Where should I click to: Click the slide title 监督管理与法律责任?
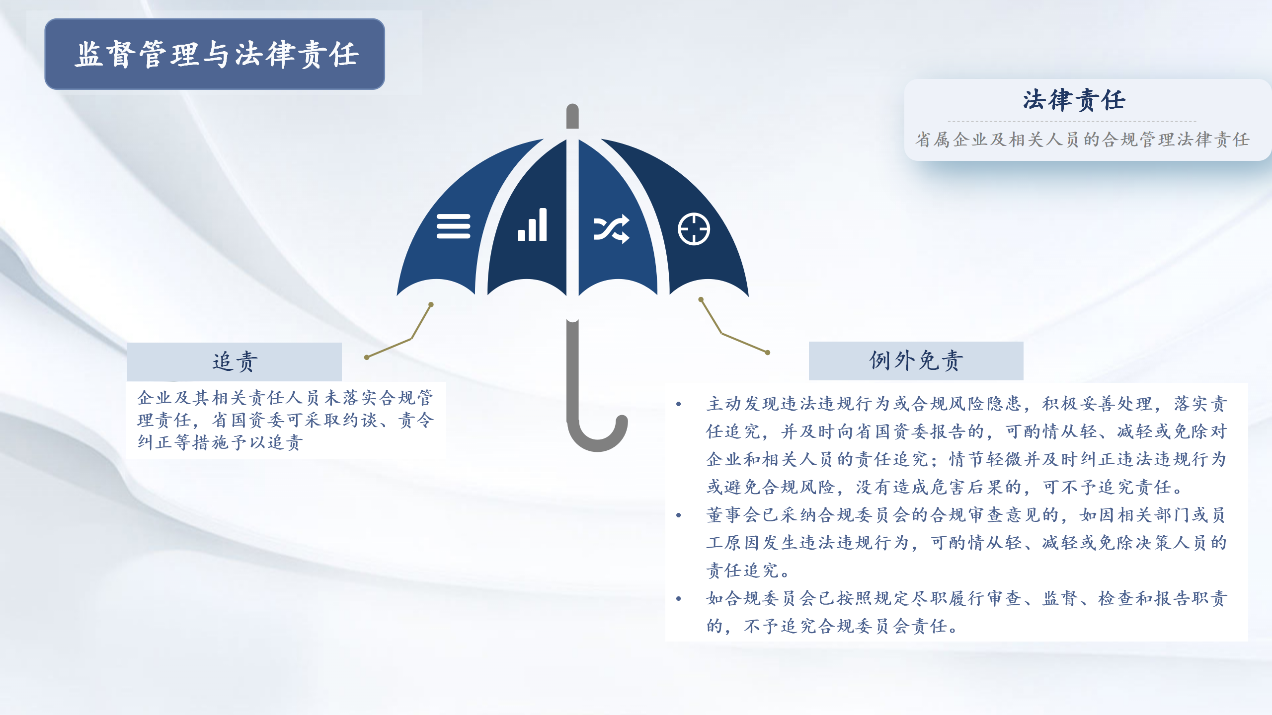pos(217,54)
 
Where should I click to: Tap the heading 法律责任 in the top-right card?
pos(1074,100)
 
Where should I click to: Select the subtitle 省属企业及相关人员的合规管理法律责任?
pos(1083,140)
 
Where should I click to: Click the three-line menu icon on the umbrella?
pos(453,226)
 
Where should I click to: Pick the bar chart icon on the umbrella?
pos(532,225)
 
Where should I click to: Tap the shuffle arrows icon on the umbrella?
pos(612,229)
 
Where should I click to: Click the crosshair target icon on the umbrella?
pos(694,229)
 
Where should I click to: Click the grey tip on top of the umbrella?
pos(572,116)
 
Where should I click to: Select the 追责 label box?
pos(235,361)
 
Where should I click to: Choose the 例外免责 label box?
pos(916,360)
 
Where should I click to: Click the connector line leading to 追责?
pos(411,339)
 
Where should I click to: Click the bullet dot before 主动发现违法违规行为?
pos(679,404)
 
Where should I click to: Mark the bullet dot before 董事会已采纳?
pos(679,515)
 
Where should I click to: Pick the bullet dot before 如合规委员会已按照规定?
pos(679,599)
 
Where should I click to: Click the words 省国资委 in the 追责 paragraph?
pos(249,420)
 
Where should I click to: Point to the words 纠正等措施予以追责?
pos(220,442)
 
